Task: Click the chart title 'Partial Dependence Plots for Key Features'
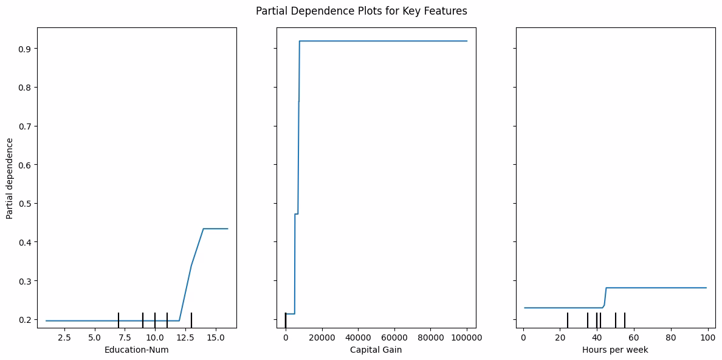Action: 361,11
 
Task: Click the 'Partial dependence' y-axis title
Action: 10,178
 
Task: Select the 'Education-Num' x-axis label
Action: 137,350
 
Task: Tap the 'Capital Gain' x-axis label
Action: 376,350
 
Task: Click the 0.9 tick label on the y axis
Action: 26,49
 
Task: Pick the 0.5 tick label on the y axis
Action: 26,204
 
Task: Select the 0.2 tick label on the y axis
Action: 26,320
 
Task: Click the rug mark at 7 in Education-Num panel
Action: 119,320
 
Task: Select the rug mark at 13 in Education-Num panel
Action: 191,320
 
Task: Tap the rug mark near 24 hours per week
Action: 568,320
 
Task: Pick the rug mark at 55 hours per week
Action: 625,320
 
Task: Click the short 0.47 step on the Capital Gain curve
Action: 297,214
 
